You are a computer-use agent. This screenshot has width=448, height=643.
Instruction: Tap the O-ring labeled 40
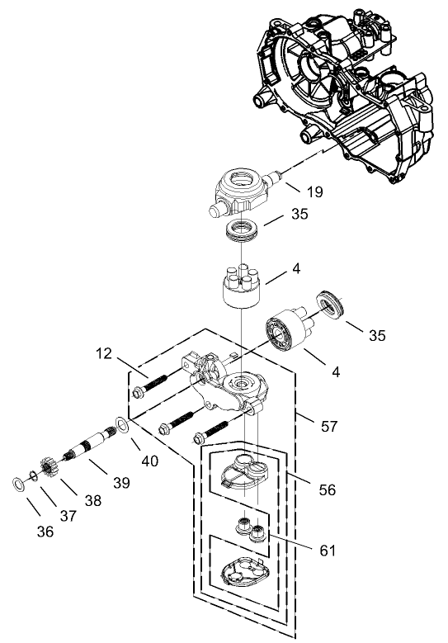tap(120, 424)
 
